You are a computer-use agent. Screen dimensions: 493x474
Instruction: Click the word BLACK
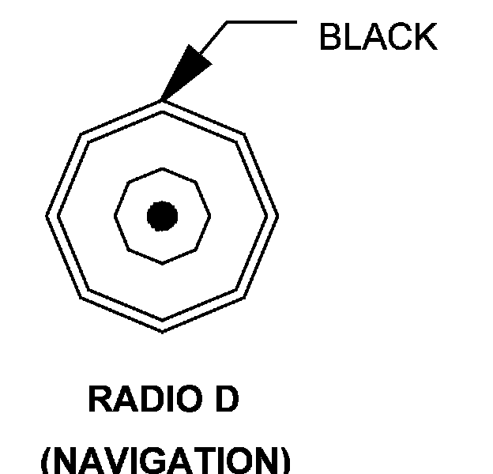point(377,37)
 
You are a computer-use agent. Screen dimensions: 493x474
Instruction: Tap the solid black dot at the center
point(162,216)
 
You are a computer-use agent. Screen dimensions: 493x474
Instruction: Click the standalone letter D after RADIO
point(225,400)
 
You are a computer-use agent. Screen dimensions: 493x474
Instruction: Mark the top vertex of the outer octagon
point(162,100)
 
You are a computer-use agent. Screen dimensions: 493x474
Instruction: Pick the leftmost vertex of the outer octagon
point(47,215)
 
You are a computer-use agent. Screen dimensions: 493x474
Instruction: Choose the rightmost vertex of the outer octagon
point(278,216)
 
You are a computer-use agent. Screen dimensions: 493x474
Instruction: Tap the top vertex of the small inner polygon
point(163,167)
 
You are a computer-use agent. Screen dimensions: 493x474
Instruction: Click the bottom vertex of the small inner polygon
point(163,264)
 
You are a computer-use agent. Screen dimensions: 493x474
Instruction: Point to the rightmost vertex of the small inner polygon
point(213,215)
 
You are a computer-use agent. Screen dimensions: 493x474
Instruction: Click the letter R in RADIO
point(98,400)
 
